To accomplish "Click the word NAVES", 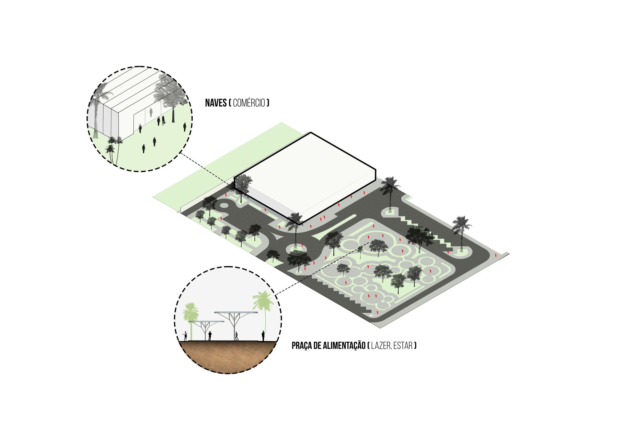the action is (x=216, y=103).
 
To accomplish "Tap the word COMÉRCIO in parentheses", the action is (x=249, y=103).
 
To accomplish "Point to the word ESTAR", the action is (x=403, y=346).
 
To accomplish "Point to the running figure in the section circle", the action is (x=236, y=336).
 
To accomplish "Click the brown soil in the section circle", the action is (x=228, y=356).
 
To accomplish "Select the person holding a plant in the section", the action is (x=185, y=336).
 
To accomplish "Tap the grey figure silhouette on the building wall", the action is (x=151, y=112).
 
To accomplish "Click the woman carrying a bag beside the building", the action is (x=163, y=120).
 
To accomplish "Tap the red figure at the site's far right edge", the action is (x=496, y=256).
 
